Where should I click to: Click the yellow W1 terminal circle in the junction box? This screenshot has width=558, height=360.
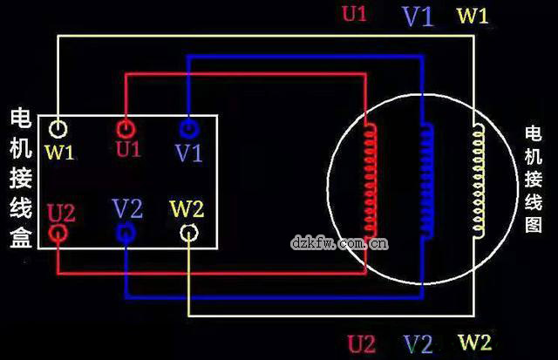[58, 130]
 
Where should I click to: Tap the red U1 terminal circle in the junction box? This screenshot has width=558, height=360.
[126, 129]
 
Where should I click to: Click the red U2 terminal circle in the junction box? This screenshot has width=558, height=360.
[58, 234]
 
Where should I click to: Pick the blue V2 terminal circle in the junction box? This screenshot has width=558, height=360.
[126, 233]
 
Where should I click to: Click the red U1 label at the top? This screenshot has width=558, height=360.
[355, 15]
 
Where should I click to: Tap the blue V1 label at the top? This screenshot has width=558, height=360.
[418, 16]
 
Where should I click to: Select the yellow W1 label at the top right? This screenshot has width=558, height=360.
[473, 15]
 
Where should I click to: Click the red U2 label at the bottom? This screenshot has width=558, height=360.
[362, 343]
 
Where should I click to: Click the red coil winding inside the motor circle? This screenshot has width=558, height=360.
[373, 178]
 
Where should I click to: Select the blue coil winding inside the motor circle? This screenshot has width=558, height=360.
[427, 180]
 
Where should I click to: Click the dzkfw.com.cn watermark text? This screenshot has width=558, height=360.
[339, 241]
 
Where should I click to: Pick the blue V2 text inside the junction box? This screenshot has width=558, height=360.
[127, 209]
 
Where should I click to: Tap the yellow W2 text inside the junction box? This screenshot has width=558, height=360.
[187, 209]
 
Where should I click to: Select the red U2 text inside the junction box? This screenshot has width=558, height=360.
[61, 212]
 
